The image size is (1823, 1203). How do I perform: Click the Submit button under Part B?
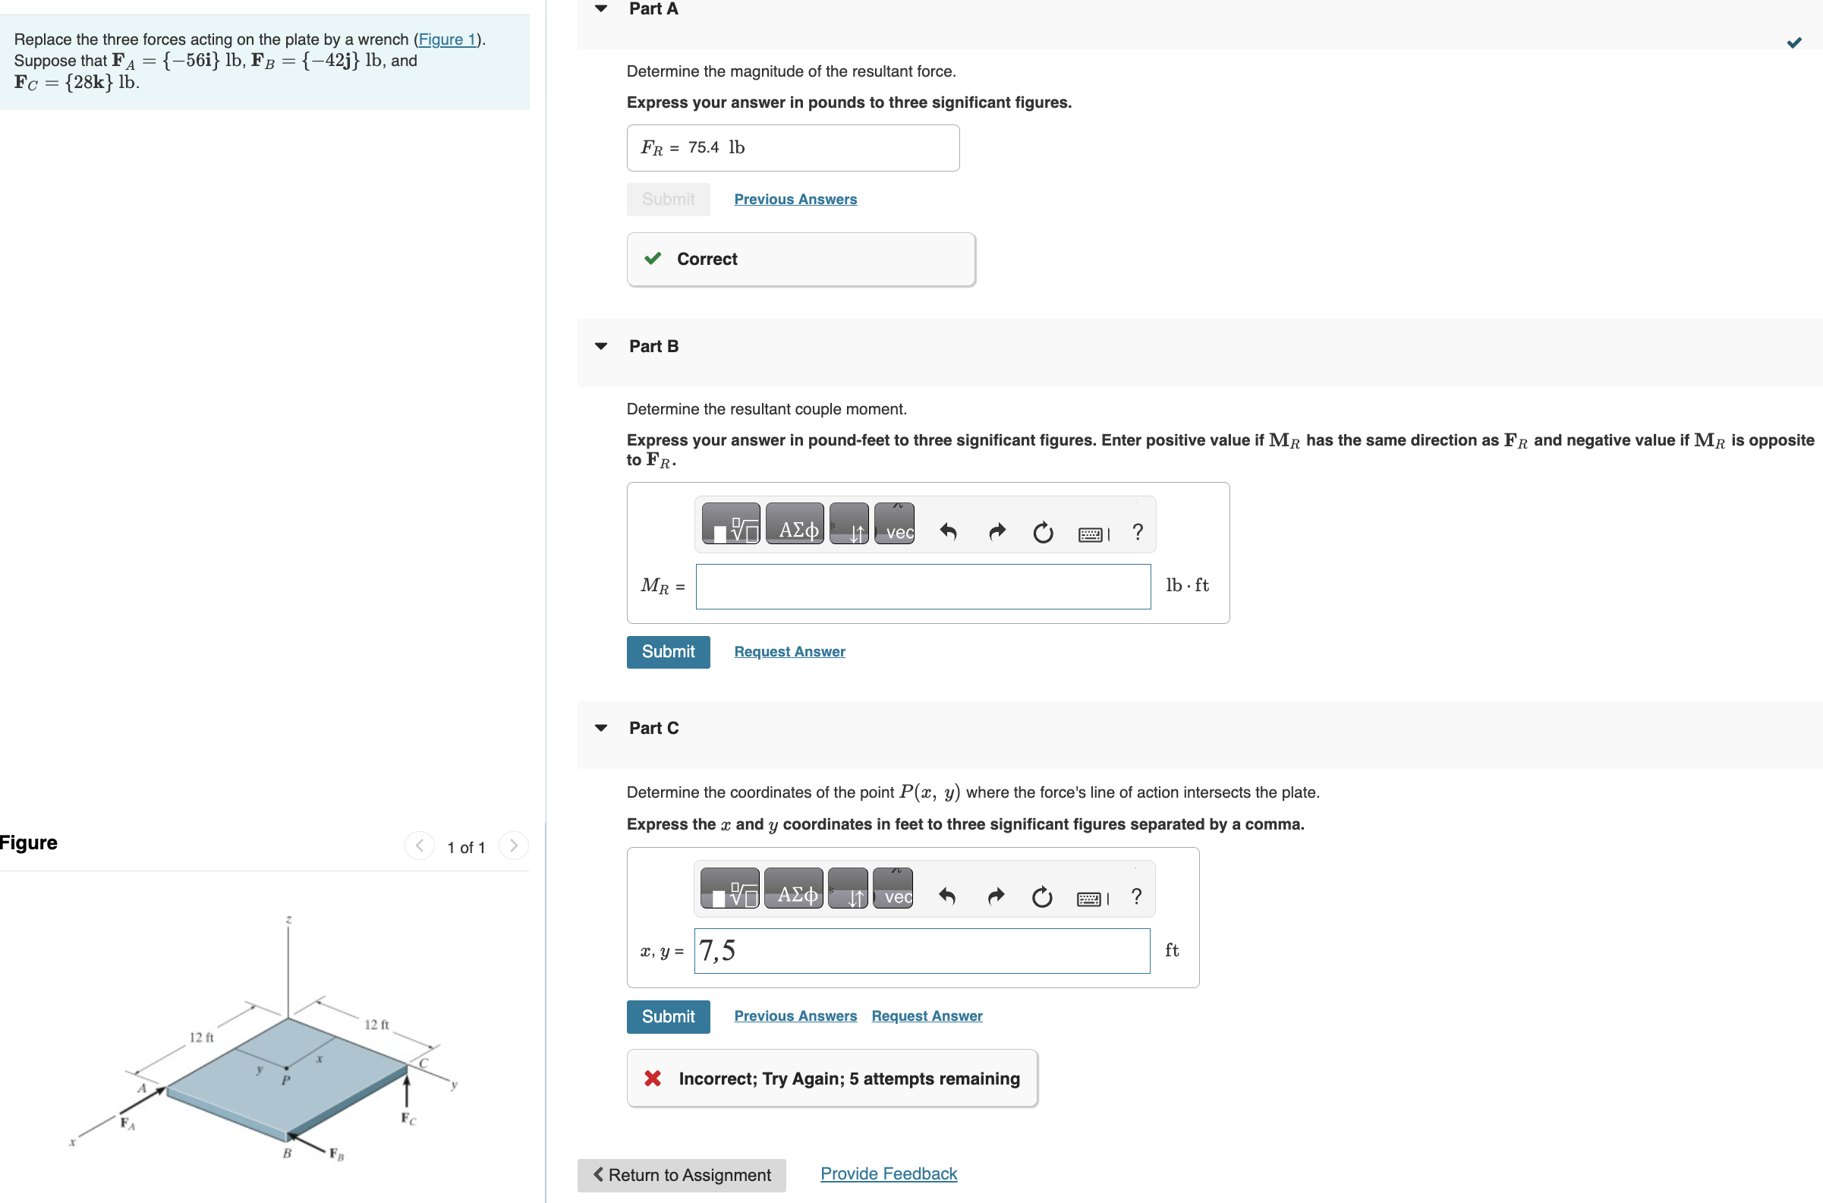(x=669, y=651)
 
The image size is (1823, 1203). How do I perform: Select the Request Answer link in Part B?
(x=789, y=651)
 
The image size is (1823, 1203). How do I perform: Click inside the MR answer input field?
(x=923, y=586)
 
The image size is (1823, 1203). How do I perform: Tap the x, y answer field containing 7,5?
(x=922, y=950)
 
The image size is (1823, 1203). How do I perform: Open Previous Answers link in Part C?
(x=795, y=1016)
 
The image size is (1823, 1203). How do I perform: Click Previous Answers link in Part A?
(x=795, y=199)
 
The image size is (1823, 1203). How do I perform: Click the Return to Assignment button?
(x=682, y=1175)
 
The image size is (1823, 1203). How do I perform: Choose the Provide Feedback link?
(x=889, y=1173)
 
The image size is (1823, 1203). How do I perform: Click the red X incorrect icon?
(x=653, y=1078)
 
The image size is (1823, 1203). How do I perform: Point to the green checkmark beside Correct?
(x=653, y=259)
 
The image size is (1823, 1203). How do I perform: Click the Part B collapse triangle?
(x=602, y=346)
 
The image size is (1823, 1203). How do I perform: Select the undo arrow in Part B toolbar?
(x=949, y=531)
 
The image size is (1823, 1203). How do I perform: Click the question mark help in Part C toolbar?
(x=1136, y=896)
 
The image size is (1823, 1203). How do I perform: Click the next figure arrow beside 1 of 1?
(x=513, y=846)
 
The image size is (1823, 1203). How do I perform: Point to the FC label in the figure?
(x=408, y=1119)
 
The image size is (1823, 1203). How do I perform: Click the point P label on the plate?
(x=285, y=1080)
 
